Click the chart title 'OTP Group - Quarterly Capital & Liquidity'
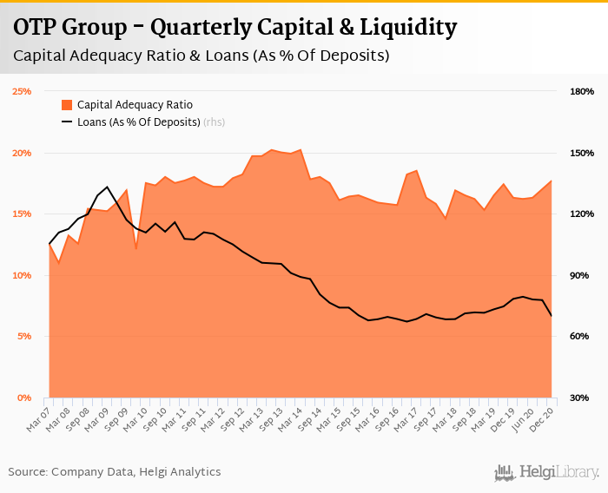(x=235, y=28)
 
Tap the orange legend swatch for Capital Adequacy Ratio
(x=67, y=105)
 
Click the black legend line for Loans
(x=67, y=122)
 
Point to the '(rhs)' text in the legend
(x=214, y=122)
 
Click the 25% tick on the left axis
(x=22, y=91)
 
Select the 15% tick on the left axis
(x=22, y=214)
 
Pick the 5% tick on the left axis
(x=24, y=336)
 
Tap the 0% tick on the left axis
(x=24, y=398)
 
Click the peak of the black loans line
(x=107, y=187)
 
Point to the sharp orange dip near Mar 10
(x=135, y=249)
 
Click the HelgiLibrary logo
(x=547, y=472)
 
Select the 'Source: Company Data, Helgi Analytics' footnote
(x=115, y=472)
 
